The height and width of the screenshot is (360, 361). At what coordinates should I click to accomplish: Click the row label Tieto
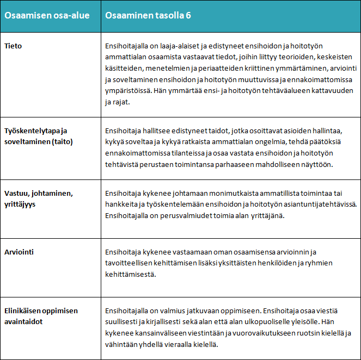click(x=13, y=46)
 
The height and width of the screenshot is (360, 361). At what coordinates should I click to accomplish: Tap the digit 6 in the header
click(x=188, y=15)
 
